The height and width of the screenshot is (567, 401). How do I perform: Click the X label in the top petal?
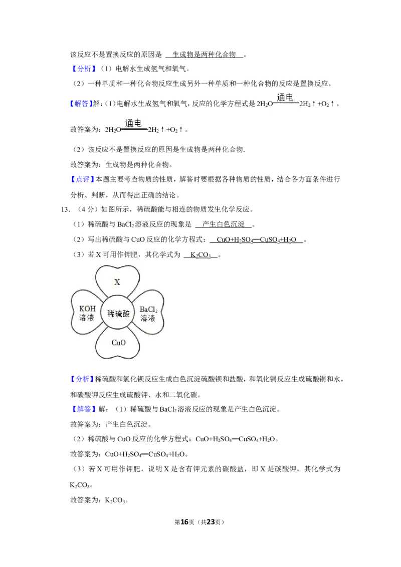click(117, 281)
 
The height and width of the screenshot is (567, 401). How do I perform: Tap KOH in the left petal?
click(87, 309)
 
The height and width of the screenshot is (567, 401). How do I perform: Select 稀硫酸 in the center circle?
click(118, 314)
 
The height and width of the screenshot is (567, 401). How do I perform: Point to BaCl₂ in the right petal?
click(148, 310)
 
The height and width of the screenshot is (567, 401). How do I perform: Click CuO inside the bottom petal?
click(118, 343)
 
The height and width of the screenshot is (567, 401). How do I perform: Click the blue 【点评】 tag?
click(83, 179)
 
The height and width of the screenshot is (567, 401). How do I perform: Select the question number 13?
click(65, 209)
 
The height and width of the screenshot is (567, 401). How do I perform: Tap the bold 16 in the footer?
click(184, 522)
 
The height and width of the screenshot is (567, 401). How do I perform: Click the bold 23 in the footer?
click(210, 522)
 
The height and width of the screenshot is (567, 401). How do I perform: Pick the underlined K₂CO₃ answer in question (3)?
click(200, 255)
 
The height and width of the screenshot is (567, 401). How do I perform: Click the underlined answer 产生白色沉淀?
click(223, 224)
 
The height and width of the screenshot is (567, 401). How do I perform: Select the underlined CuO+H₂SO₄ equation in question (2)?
click(256, 240)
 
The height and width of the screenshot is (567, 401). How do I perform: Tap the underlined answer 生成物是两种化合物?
click(204, 55)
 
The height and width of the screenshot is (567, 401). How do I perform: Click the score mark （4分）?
click(86, 209)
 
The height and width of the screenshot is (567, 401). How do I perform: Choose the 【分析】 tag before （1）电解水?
click(83, 69)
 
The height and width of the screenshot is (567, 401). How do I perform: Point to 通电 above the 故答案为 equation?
click(133, 123)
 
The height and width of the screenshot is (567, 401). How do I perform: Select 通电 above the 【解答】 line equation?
click(285, 97)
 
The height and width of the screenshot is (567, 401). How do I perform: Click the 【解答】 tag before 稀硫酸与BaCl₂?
click(83, 409)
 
